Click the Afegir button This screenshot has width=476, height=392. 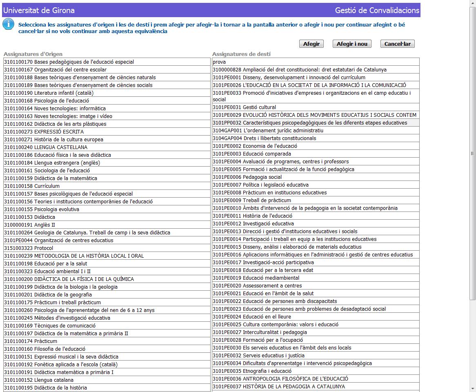coord(311,44)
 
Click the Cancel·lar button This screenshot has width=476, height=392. coord(397,44)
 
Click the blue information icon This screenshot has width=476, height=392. coord(8,24)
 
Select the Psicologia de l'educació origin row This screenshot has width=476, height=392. coord(62,101)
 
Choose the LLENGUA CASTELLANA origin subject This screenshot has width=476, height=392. coord(61,147)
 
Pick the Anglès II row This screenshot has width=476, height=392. coord(44,225)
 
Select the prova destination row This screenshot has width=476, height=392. coord(219,62)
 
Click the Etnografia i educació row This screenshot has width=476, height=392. coord(267,371)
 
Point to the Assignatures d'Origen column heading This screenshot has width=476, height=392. coord(33,54)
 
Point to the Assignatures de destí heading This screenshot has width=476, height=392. coord(241,54)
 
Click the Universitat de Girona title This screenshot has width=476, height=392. coord(39,10)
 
